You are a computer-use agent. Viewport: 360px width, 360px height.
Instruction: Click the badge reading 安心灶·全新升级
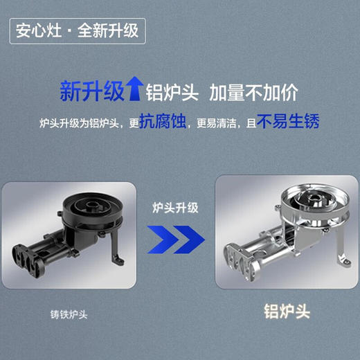(x=77, y=30)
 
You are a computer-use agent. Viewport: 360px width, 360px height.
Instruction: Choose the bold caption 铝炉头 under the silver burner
(x=286, y=312)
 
